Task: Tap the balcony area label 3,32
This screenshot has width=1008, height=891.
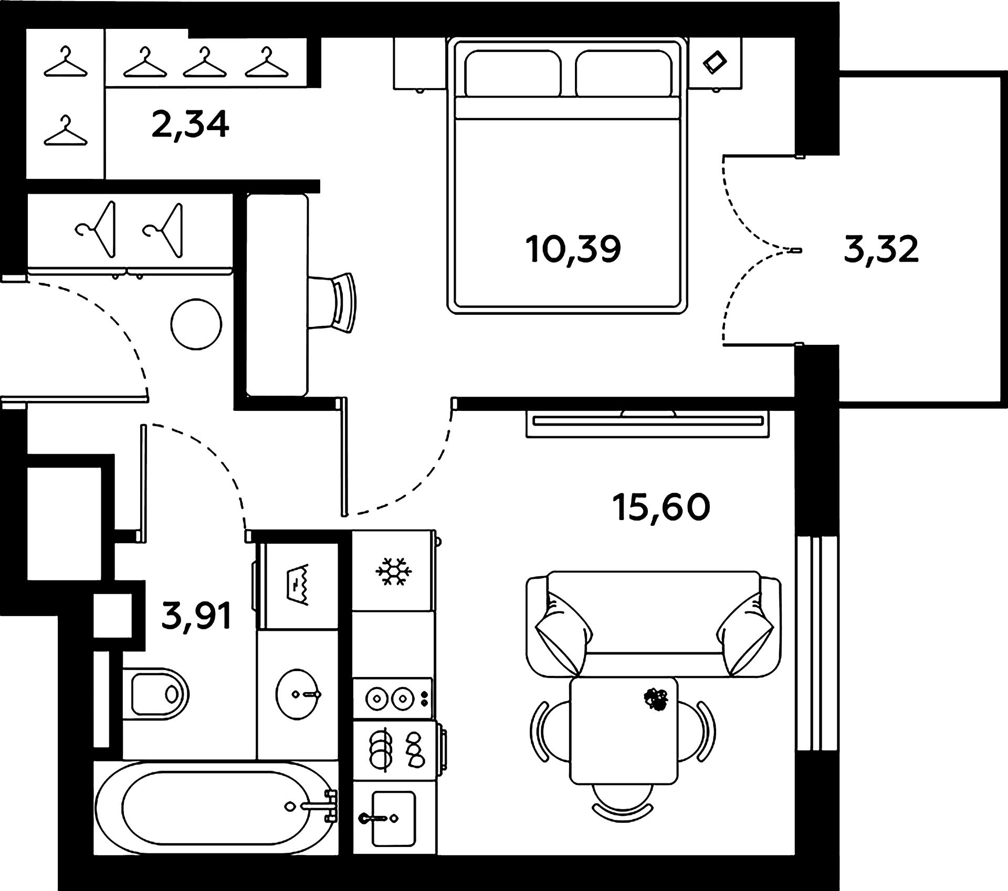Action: click(x=881, y=250)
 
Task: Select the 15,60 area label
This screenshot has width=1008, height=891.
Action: click(x=661, y=507)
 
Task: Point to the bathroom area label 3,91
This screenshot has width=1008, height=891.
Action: click(x=196, y=616)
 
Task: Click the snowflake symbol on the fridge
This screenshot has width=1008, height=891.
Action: click(x=393, y=571)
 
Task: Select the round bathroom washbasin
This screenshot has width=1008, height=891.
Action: click(x=298, y=694)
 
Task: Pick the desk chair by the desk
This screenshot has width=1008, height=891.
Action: click(x=336, y=302)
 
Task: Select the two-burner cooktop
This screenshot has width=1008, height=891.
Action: click(x=392, y=698)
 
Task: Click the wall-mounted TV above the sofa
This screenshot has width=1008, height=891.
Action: click(x=647, y=420)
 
